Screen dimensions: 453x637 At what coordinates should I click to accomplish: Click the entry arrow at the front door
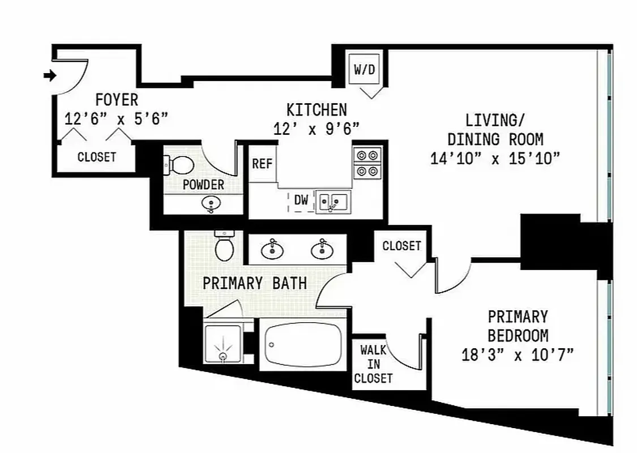[x=49, y=75]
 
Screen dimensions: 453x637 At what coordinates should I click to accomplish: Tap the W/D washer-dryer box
[x=364, y=70]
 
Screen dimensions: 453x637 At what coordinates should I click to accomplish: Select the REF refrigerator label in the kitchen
[x=262, y=164]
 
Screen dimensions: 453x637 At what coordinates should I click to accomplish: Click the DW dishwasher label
[x=301, y=199]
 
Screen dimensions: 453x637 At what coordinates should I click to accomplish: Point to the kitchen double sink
[x=333, y=201]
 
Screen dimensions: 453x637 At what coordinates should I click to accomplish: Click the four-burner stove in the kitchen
[x=367, y=163]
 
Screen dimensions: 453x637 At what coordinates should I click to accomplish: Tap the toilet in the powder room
[x=179, y=165]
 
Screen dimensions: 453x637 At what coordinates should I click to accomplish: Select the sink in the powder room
[x=211, y=204]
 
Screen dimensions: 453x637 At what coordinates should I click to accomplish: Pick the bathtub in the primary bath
[x=303, y=345]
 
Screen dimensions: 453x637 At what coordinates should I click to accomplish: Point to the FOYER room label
[x=116, y=100]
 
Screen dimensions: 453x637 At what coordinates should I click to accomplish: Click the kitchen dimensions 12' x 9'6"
[x=316, y=129]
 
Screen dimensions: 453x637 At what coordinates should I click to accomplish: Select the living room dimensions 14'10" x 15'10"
[x=495, y=158]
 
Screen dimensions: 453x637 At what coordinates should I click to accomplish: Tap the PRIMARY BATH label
[x=255, y=283]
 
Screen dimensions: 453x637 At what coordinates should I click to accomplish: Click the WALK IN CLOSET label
[x=373, y=364]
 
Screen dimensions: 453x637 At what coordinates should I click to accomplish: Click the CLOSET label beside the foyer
[x=97, y=157]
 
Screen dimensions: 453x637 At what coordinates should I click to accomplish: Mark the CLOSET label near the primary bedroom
[x=401, y=246]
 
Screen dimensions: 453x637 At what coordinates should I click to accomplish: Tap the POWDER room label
[x=203, y=185]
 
